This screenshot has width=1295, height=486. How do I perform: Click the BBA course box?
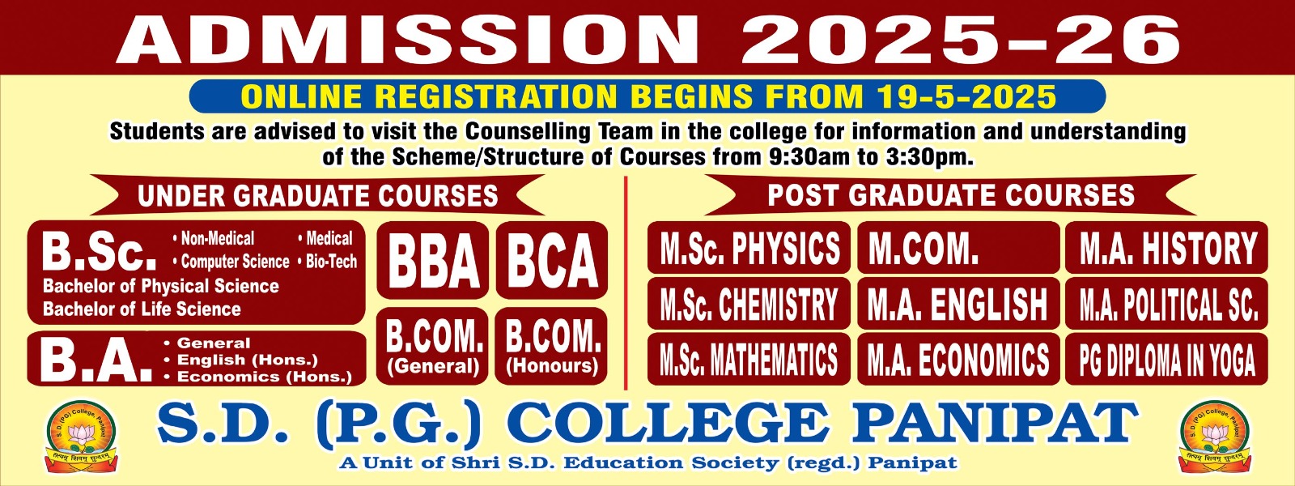tap(433, 261)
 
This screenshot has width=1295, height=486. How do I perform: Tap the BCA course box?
tap(552, 261)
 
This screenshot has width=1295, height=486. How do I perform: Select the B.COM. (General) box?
tap(433, 347)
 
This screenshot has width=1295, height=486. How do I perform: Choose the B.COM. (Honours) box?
tap(552, 347)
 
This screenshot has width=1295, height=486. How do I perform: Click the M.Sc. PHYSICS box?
tap(749, 248)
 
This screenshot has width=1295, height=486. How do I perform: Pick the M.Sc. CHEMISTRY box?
tap(749, 305)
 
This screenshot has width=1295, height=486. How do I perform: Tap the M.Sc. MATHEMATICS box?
tap(749, 360)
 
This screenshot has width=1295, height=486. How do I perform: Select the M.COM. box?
tap(957, 248)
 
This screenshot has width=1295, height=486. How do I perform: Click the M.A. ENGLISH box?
tap(957, 305)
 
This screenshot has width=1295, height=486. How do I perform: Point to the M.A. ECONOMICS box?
tap(957, 360)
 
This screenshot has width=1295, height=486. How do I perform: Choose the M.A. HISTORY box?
tap(1166, 248)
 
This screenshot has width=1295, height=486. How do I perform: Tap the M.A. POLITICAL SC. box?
tap(1166, 305)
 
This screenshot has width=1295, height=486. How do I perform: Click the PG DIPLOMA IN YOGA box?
tap(1166, 360)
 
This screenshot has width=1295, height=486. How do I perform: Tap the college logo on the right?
tap(1215, 436)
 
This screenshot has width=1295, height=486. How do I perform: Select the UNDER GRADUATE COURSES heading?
tap(317, 196)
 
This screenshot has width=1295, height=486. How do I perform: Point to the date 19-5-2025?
tap(966, 97)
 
